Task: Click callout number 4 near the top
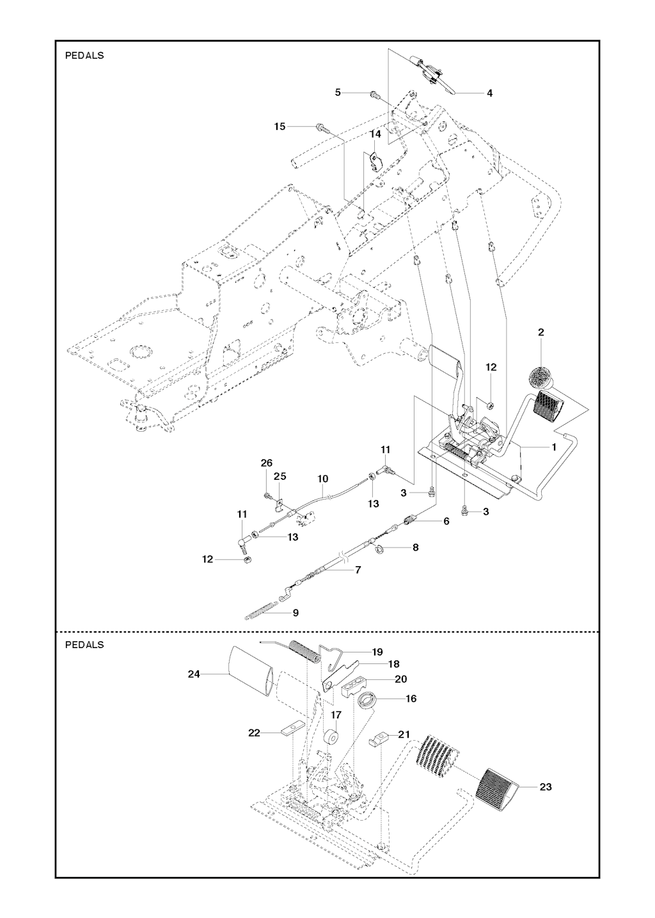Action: click(489, 93)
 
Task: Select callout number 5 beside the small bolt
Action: click(338, 93)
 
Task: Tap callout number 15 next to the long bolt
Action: click(280, 127)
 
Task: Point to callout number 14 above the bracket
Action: click(375, 134)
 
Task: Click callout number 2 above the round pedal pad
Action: click(541, 333)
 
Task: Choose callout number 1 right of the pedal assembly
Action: click(554, 447)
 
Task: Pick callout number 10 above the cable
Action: click(323, 479)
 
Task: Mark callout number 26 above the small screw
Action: click(267, 463)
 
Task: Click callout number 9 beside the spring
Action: click(296, 612)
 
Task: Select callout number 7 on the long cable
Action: click(358, 569)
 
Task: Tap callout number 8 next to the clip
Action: click(416, 548)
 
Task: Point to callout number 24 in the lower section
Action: click(194, 673)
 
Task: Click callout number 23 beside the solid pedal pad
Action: click(545, 787)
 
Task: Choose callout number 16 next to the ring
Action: click(411, 699)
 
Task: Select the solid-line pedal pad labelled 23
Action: click(501, 791)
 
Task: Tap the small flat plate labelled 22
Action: click(292, 730)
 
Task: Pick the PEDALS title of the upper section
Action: click(84, 56)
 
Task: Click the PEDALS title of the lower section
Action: click(84, 645)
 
